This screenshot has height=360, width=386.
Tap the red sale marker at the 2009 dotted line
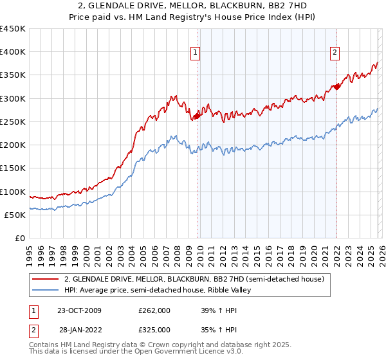197,116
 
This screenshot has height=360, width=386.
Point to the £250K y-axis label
13,122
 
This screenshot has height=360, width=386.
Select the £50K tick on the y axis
15,215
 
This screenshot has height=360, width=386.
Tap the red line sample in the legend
46,279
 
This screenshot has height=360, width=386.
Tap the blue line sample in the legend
46,290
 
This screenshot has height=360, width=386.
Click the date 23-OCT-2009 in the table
79,310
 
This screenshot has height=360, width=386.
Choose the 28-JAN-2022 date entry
79,330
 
